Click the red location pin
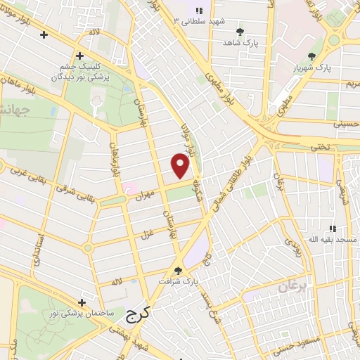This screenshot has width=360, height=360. [x=181, y=165]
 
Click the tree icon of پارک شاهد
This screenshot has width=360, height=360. [x=240, y=32]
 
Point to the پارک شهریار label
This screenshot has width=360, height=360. [x=311, y=68]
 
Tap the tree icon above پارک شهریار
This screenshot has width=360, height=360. [x=311, y=56]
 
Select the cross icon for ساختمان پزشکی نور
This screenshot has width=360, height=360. [x=83, y=302]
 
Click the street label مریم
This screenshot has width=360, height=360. [x=350, y=84]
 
